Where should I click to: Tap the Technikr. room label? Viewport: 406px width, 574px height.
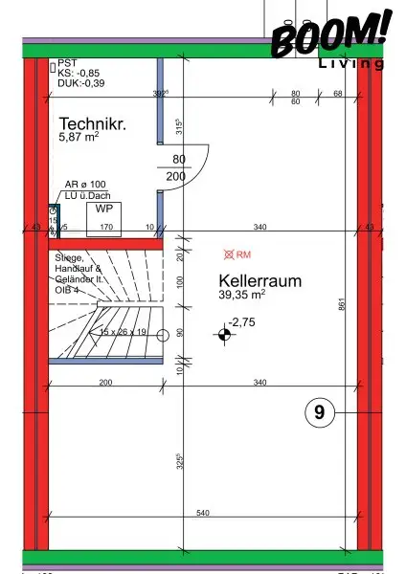[92, 124]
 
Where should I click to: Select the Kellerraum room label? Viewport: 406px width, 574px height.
[260, 281]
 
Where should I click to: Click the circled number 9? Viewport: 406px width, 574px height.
[319, 412]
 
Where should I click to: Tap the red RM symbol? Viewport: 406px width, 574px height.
[237, 255]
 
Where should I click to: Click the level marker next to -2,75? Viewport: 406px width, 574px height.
[224, 334]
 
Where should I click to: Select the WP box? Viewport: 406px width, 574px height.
[100, 209]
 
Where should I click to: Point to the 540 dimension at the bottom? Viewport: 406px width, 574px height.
[202, 514]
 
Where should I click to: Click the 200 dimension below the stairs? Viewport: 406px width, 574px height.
[105, 383]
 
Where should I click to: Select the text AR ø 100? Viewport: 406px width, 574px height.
[86, 184]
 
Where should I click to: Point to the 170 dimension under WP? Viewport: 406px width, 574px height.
[106, 227]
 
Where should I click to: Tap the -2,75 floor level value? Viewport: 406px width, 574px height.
[241, 323]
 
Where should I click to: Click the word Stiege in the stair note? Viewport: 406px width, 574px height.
[69, 258]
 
